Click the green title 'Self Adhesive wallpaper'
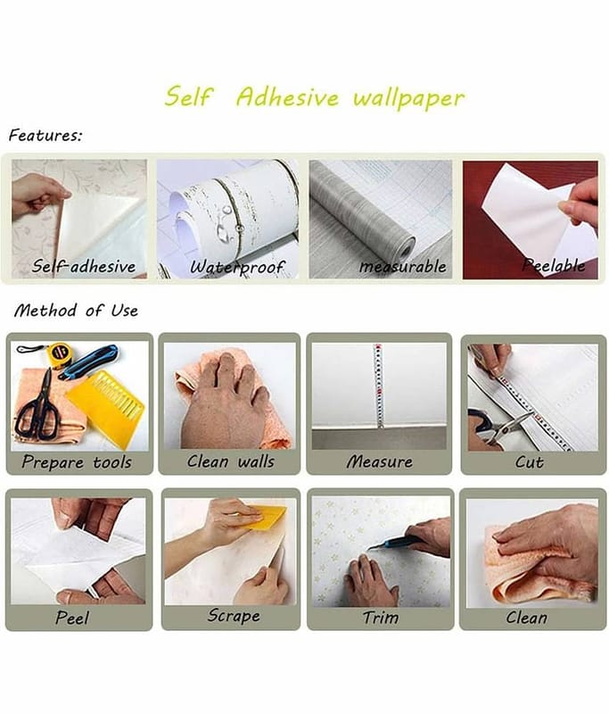pos(314,96)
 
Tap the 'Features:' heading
pos(45,136)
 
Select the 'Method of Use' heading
pos(76,311)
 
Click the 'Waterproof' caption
pos(237,267)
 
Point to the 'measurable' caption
pos(403,266)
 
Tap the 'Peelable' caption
pos(554,265)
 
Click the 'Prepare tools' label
pos(77,462)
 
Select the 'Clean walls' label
pos(231,461)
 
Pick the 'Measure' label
pos(380,461)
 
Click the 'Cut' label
pos(529,462)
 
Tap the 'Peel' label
pos(72,618)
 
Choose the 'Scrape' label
pos(234,616)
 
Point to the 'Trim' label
pos(380,618)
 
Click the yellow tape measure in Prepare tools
pos(57,353)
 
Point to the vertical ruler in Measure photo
pos(378,386)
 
